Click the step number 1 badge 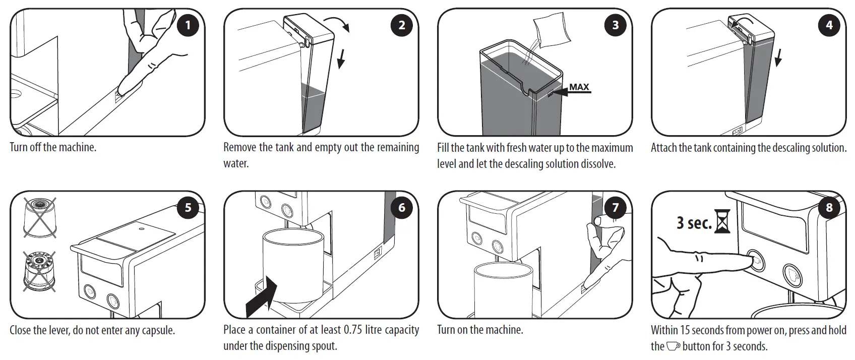[x=188, y=25]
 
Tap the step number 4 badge [x=829, y=25]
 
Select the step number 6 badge [x=402, y=207]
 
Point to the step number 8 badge [x=829, y=207]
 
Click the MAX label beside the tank [x=579, y=87]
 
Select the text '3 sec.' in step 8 [x=694, y=222]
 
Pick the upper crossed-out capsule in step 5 [x=39, y=217]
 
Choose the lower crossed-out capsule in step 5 [x=39, y=272]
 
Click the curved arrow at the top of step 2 [x=336, y=23]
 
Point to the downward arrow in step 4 [x=778, y=57]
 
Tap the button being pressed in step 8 [x=755, y=261]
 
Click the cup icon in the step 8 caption [x=674, y=346]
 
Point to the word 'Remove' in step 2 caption [x=239, y=147]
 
